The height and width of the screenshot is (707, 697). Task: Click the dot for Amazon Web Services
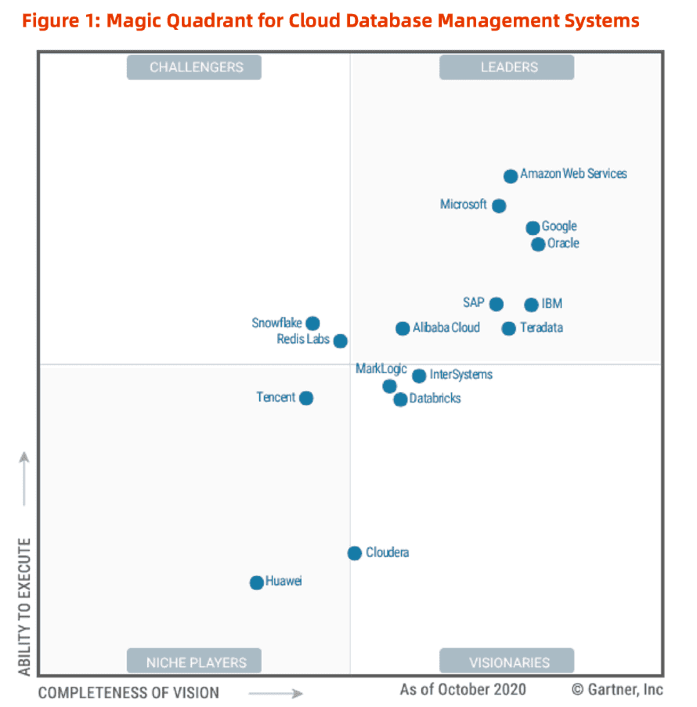click(510, 176)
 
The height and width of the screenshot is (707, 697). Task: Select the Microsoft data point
click(498, 206)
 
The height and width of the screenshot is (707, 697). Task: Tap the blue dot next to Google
click(533, 227)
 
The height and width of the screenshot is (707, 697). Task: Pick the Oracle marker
click(538, 244)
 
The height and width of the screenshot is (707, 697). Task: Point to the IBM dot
click(531, 305)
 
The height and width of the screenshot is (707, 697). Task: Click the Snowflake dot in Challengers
click(312, 323)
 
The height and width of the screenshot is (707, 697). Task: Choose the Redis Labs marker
click(340, 341)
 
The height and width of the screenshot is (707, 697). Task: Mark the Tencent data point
click(306, 398)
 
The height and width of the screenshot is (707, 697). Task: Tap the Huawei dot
click(256, 583)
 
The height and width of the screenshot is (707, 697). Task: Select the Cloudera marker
click(354, 553)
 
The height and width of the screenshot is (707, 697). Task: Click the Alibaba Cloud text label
click(446, 328)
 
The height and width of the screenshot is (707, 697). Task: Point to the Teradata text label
click(542, 328)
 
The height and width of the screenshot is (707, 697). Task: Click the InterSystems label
click(461, 375)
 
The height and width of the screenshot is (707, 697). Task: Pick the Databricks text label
click(435, 399)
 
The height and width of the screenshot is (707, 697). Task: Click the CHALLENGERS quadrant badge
click(194, 67)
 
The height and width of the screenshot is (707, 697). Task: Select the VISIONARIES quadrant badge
click(507, 662)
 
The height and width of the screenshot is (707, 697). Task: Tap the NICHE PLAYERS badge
click(194, 662)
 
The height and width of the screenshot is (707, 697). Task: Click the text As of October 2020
click(463, 689)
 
